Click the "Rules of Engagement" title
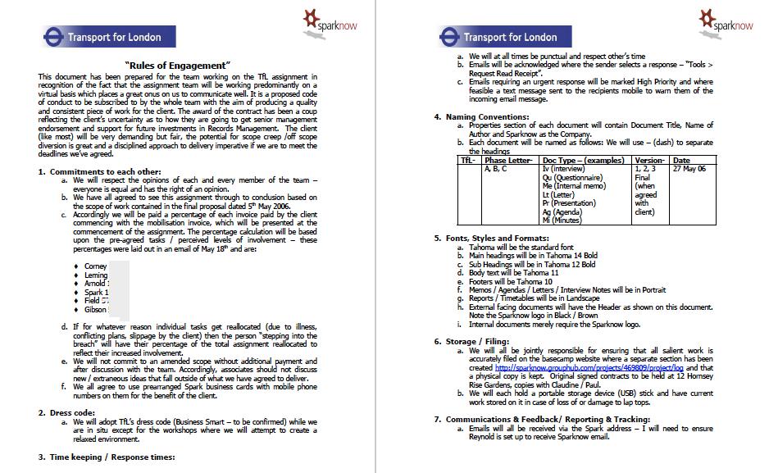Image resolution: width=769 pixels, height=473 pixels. tap(177, 65)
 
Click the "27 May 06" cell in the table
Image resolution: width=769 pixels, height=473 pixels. tap(689, 168)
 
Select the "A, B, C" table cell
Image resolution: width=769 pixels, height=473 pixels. tap(495, 168)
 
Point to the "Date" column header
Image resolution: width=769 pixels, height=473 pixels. tap(681, 160)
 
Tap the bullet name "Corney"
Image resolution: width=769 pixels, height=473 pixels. tap(95, 266)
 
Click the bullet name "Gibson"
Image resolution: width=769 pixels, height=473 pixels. tap(96, 310)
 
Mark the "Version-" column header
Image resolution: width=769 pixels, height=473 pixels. tap(650, 160)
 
